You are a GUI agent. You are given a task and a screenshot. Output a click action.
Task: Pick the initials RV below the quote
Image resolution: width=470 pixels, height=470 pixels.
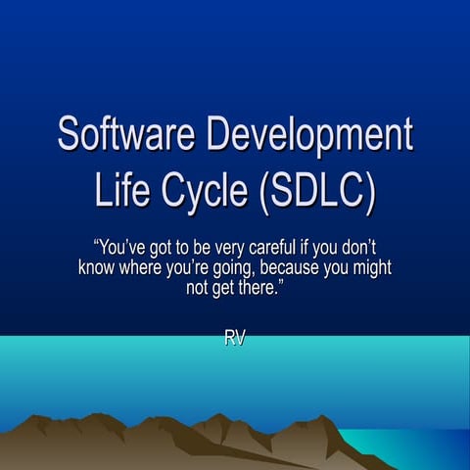point(235,339)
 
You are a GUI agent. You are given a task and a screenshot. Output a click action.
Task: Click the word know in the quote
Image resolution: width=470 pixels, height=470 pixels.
point(96,267)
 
